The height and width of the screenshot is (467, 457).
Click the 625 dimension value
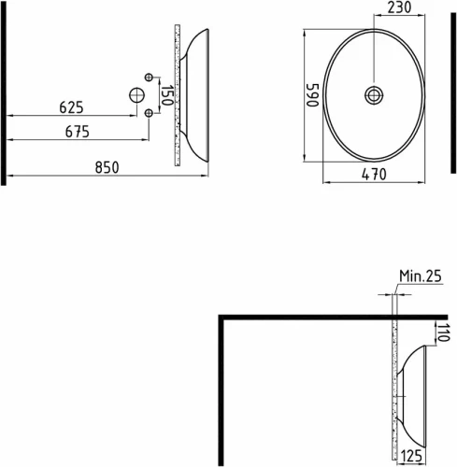click(x=73, y=107)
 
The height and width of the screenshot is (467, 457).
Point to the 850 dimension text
click(x=106, y=167)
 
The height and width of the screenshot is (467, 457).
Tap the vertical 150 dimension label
click(x=165, y=94)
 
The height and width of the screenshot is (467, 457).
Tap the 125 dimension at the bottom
click(x=410, y=456)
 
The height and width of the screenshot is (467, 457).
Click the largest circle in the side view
click(x=136, y=94)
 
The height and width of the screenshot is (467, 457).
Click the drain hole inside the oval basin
click(x=374, y=94)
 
